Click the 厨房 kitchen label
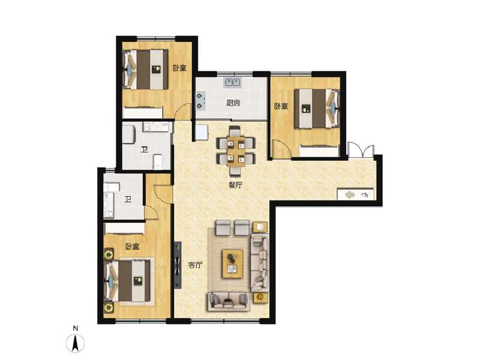[233, 103]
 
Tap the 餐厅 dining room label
[235, 185]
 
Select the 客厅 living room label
[196, 265]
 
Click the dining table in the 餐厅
[235, 150]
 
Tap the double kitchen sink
[233, 82]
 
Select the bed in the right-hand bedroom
[317, 109]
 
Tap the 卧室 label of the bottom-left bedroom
[132, 247]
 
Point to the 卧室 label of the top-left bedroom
[179, 68]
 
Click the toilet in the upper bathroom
[158, 162]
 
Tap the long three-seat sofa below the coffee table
[229, 301]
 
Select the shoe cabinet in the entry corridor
[356, 194]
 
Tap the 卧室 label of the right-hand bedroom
[281, 107]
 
